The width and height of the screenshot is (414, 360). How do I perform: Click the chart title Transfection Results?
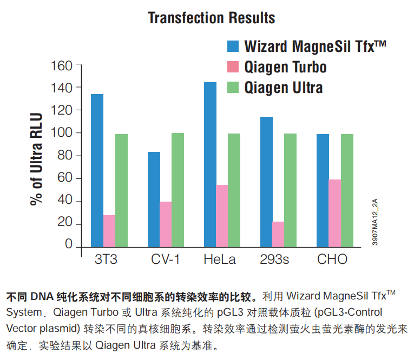(x=212, y=18)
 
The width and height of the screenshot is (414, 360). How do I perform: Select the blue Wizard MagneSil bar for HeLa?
(x=210, y=164)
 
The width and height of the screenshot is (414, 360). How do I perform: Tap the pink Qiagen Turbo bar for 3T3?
(x=109, y=231)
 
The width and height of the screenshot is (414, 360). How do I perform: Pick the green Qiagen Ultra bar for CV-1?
(x=178, y=190)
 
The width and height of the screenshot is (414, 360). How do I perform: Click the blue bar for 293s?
(x=266, y=182)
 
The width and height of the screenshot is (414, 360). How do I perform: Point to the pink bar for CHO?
(x=335, y=214)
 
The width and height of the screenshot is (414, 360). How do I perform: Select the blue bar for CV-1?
(x=154, y=199)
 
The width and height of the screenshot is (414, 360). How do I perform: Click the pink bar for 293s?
(x=278, y=235)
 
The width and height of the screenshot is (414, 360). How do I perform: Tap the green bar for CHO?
(x=347, y=191)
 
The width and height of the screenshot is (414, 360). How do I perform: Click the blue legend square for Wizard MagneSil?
(x=233, y=46)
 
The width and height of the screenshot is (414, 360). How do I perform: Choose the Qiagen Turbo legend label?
(x=285, y=67)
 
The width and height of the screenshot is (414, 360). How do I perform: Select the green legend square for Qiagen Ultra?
(x=233, y=87)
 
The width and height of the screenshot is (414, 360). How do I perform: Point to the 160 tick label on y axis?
(x=61, y=65)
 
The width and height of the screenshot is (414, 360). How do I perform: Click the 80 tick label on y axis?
(x=65, y=155)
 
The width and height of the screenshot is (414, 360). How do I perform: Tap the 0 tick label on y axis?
(x=69, y=244)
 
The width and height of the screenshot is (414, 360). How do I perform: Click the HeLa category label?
(x=220, y=259)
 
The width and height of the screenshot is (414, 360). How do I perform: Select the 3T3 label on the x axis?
(x=106, y=259)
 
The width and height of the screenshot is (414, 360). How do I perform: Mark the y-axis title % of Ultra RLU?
(x=36, y=159)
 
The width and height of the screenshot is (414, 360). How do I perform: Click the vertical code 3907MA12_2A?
(x=375, y=222)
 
